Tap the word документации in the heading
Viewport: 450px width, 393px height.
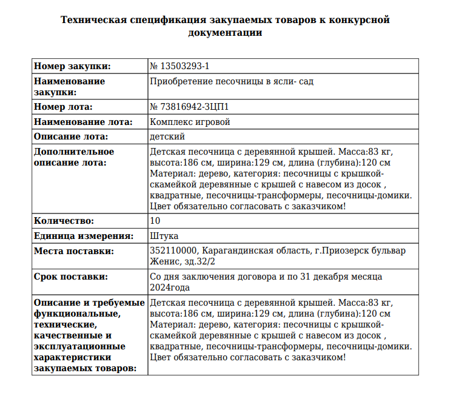point(225,33)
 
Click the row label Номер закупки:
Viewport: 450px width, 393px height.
point(72,66)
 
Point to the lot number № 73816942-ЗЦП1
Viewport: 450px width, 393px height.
point(189,107)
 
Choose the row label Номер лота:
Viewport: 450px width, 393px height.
point(63,107)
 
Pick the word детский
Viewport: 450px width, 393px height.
point(167,136)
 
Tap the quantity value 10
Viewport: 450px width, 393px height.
point(155,221)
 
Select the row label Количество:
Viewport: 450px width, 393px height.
point(64,221)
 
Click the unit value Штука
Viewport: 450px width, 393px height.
point(164,236)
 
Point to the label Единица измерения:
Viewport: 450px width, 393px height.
point(83,236)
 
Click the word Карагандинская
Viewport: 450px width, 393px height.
point(235,250)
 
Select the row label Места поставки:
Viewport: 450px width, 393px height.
point(73,250)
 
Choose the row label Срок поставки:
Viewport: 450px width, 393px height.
point(71,277)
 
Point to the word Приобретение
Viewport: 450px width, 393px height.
point(178,81)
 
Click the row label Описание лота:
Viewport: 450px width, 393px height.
point(71,136)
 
